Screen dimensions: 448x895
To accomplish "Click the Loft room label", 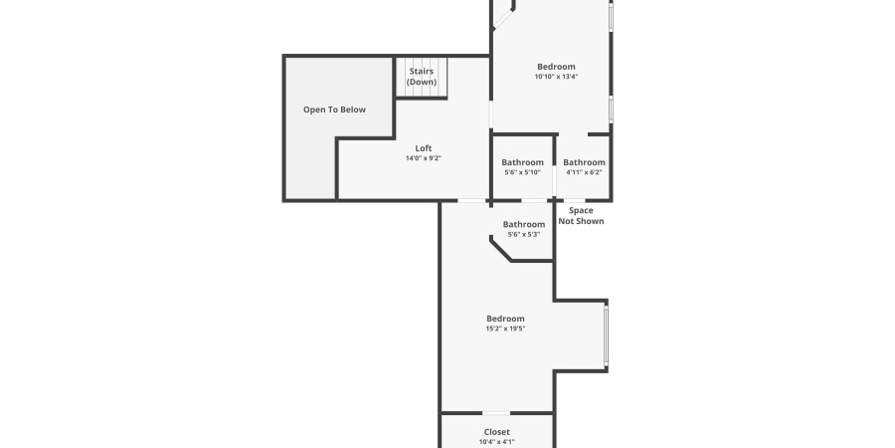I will point(424,148).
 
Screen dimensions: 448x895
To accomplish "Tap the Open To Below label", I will point(334,110).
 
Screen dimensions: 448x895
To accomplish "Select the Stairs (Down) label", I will point(422,76).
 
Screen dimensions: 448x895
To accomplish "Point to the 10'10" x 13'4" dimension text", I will point(556,77).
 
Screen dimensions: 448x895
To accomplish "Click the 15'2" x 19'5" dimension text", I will point(505,329).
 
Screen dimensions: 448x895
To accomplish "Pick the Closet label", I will point(497,432).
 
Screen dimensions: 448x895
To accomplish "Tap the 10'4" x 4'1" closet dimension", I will point(497,442).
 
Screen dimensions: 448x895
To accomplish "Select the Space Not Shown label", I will point(581,216).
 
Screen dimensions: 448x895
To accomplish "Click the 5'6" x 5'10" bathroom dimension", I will point(522,172).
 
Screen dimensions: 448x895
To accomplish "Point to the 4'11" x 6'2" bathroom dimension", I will point(584,172).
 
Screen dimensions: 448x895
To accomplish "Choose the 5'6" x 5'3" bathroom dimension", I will point(524,235).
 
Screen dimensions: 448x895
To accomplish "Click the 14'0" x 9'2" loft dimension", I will point(424,158).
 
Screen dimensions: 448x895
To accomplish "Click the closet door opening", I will point(496,413).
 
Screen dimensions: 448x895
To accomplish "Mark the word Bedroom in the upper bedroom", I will point(556,67).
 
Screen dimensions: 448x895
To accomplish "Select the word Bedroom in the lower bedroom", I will point(505,319).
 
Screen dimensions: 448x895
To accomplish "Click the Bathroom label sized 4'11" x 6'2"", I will point(584,162).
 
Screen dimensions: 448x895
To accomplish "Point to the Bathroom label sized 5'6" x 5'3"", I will point(524,225).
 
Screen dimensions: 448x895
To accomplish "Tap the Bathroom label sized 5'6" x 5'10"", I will point(522,162).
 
